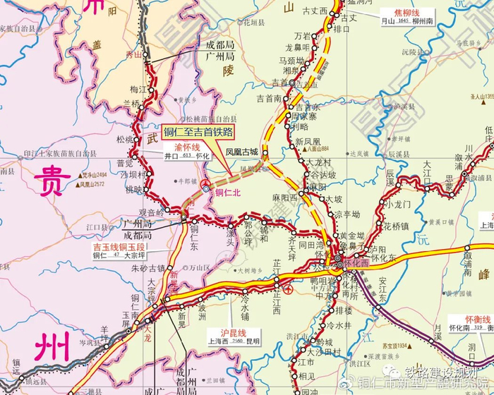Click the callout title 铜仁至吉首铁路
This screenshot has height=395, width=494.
click(x=198, y=132)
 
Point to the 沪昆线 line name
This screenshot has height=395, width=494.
click(x=232, y=332)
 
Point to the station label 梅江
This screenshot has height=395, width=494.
click(x=138, y=90)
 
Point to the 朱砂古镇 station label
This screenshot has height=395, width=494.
click(x=148, y=268)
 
